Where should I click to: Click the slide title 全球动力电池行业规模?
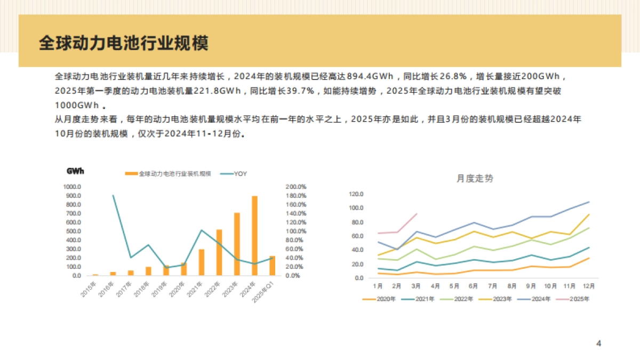coord(123,43)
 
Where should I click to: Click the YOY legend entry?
coord(240,174)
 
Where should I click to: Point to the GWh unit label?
coord(75,171)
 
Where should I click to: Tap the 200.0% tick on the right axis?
coord(296,187)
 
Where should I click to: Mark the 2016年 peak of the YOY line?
coord(113,195)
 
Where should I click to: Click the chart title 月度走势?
coord(475,179)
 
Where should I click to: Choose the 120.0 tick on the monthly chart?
coord(356,194)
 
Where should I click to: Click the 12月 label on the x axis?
coord(589,286)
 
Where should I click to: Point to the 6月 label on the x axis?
coord(473,286)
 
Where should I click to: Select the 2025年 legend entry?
coord(579,299)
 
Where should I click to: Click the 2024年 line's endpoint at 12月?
coord(589,202)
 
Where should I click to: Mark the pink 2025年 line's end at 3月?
coord(417,213)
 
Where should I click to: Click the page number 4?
coord(598,343)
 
